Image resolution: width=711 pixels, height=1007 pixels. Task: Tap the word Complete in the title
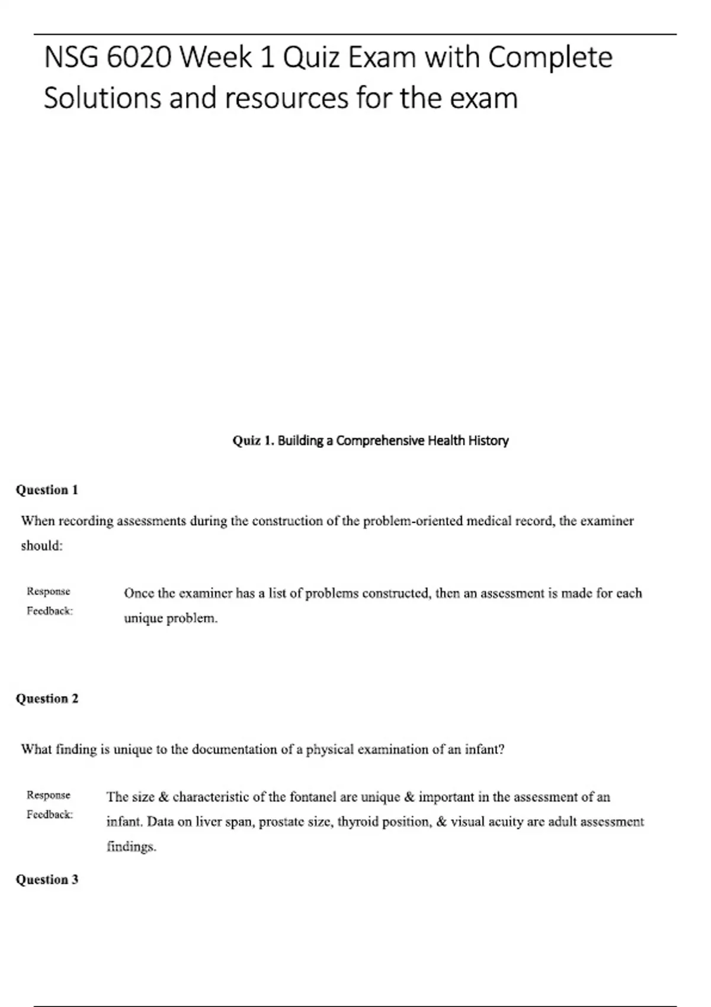click(x=550, y=58)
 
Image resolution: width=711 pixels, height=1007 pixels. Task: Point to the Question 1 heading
click(x=47, y=490)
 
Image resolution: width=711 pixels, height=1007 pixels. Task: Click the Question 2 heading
click(x=47, y=698)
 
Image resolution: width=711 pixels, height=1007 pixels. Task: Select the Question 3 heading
click(x=47, y=880)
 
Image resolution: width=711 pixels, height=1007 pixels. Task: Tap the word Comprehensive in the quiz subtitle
click(x=380, y=441)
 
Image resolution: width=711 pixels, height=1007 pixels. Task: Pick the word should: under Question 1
click(x=41, y=546)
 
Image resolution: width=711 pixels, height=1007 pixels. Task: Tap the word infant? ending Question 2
click(x=484, y=749)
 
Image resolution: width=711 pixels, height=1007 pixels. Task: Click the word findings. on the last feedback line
click(x=131, y=847)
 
